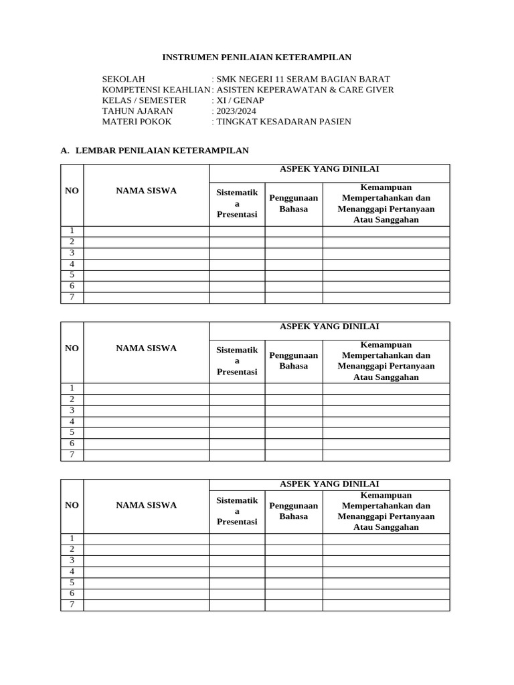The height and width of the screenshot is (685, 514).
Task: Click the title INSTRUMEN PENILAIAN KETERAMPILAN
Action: pos(257,58)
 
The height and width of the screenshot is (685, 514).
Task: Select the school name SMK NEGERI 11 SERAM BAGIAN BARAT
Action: pos(303,79)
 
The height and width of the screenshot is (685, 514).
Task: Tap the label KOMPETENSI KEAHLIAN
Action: pos(156,90)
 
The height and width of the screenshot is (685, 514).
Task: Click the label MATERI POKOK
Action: pos(137,122)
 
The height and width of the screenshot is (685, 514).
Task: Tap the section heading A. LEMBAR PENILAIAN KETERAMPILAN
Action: pos(155,151)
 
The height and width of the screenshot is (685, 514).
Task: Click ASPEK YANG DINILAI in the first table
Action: pos(329,170)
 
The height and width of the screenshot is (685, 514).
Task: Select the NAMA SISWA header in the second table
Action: pos(146,348)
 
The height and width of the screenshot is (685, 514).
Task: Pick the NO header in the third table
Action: pos(72,505)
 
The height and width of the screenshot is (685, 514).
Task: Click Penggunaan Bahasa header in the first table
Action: pos(293,203)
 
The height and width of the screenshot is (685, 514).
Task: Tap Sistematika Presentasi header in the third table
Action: pos(237,510)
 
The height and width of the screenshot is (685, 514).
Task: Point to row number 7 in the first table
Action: pos(72,298)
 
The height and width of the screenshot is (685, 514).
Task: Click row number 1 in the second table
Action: pos(72,389)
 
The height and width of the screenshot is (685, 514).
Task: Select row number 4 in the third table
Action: pos(72,572)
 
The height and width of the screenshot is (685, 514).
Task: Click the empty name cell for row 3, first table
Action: pos(146,254)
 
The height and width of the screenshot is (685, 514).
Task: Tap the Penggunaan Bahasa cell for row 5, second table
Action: pos(293,433)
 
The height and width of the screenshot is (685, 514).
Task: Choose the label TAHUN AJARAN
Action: pos(137,111)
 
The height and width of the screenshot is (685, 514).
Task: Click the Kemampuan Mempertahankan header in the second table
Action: pos(386,361)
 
